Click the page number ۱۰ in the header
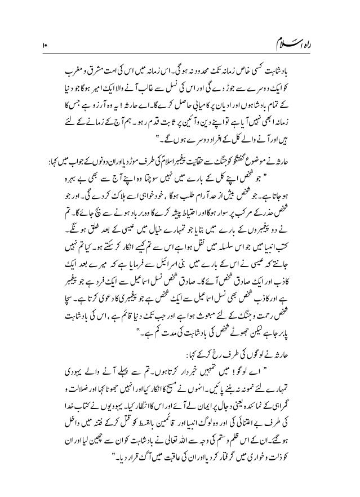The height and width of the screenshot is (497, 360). [43, 43]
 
